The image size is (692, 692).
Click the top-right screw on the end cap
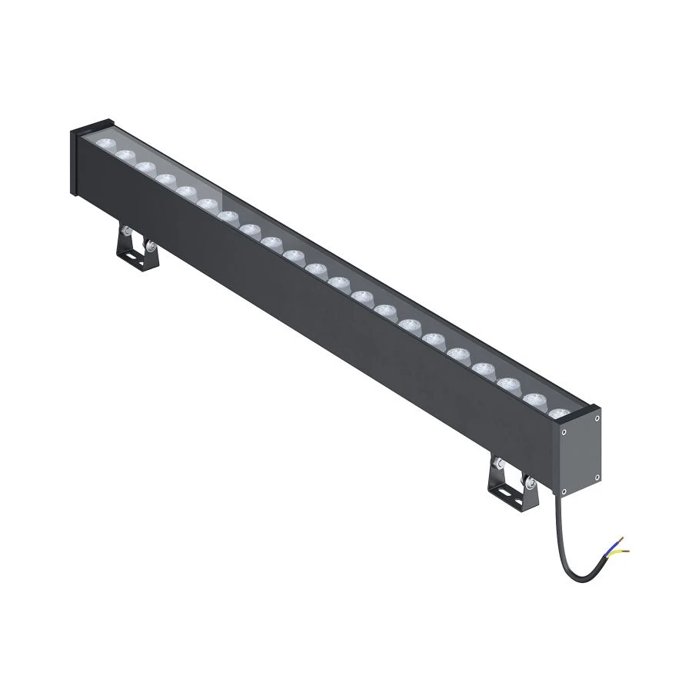pos(597,418)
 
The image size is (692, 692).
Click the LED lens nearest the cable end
pos(560,413)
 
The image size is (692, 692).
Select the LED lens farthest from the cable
pos(104,144)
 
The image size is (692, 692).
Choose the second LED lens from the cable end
pos(535,399)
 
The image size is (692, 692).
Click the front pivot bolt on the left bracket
pos(153,246)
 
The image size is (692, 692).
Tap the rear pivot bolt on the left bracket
pos(123,230)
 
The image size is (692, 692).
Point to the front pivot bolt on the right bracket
pos(530,483)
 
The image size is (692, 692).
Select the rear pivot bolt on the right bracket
pos(499,464)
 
